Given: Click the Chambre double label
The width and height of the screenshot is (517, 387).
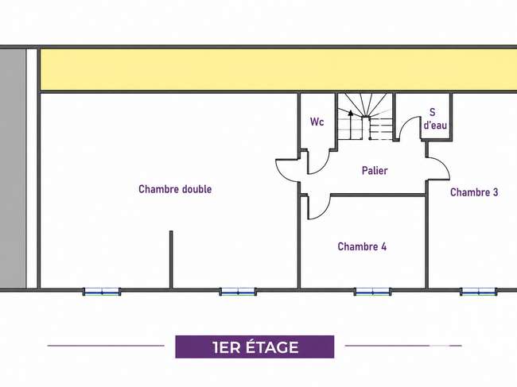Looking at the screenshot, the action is click(x=175, y=189).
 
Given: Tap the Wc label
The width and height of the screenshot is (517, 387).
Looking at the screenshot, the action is click(x=317, y=122).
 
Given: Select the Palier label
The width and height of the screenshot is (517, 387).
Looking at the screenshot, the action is click(x=375, y=171).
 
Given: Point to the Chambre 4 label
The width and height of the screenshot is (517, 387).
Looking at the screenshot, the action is click(x=362, y=246).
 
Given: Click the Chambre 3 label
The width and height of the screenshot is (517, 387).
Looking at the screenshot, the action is click(x=474, y=192).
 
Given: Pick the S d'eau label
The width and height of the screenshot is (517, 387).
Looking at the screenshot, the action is click(x=435, y=118).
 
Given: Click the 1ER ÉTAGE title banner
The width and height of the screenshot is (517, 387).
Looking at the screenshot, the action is click(x=255, y=346).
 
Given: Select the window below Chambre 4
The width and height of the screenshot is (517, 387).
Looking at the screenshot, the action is click(x=372, y=292).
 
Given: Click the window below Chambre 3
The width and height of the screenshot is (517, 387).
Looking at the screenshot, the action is click(x=479, y=292).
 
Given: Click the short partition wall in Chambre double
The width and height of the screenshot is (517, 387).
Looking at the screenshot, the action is click(x=171, y=260).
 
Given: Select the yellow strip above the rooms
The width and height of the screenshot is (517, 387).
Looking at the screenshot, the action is click(x=278, y=69).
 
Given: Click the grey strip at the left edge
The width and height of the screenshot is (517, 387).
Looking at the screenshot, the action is click(x=13, y=168).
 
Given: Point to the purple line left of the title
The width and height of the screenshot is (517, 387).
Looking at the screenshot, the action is click(x=106, y=346).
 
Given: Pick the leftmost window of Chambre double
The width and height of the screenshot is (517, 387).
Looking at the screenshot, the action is click(x=102, y=292).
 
